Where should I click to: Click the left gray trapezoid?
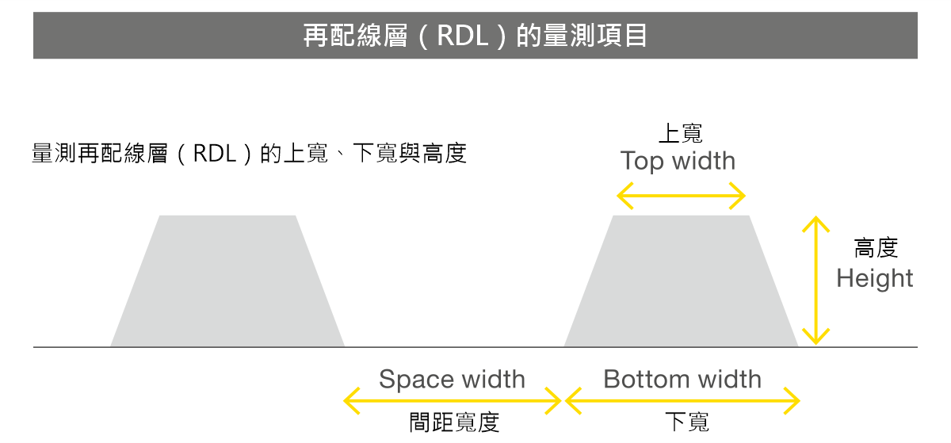pos(227,285)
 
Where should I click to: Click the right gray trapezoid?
pos(681,285)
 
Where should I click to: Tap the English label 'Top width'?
pos(678,161)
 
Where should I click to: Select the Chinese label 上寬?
pos(681,132)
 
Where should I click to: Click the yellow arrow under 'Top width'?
pos(681,195)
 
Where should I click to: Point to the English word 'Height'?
pos(875,278)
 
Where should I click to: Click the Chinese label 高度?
pos(876,248)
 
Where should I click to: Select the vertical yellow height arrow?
pos(815,281)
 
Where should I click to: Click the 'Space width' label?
pos(452,379)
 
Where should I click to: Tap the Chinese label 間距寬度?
pos(454,422)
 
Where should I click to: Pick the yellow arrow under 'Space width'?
pos(453,402)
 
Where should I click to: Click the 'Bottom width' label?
pos(682,379)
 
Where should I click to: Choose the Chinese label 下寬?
pos(686,422)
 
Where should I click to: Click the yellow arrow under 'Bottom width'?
pos(682,402)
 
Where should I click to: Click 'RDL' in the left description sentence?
pos(215,153)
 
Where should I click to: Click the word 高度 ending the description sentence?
pos(444,153)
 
